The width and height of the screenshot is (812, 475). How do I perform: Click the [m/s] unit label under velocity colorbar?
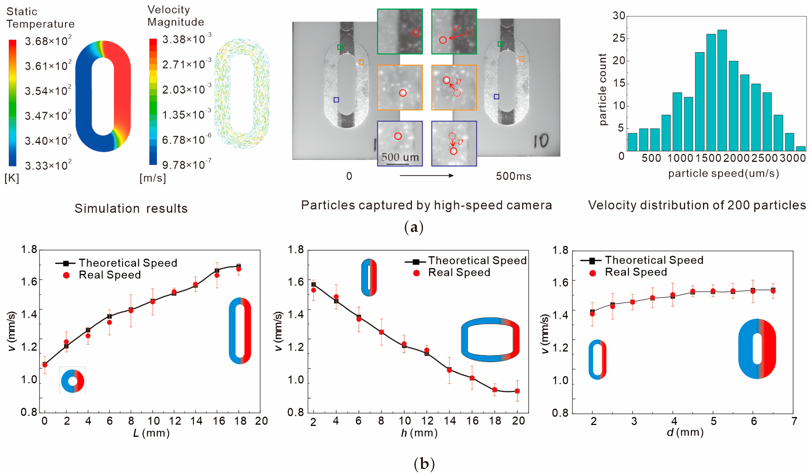tap(152, 178)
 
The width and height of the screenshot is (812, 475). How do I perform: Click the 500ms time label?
tap(513, 176)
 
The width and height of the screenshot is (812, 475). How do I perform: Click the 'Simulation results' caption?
tap(131, 209)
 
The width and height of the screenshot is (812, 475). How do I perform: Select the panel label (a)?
tap(414, 228)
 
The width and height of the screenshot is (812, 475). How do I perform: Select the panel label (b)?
tap(424, 464)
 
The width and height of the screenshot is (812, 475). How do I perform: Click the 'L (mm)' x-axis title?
tap(151, 433)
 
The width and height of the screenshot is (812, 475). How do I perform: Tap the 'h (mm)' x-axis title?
tap(419, 433)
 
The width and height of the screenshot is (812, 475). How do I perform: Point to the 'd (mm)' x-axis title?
tap(685, 432)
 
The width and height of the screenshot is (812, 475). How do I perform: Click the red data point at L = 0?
tap(45, 365)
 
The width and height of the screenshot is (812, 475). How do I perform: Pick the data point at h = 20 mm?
tap(517, 391)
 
